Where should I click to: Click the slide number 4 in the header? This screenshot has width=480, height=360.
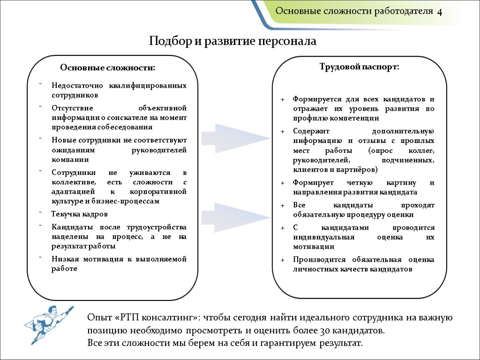440,12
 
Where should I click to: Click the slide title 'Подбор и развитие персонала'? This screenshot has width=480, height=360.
232,41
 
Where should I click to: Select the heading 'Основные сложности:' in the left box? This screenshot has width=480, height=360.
107,68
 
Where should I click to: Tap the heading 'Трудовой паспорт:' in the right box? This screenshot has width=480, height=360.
359,67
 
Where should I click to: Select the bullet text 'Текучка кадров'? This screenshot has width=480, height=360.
79,214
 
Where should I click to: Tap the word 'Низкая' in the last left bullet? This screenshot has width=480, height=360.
65,259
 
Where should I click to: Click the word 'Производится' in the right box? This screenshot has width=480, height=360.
319,260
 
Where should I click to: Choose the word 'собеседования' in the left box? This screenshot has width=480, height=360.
126,127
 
